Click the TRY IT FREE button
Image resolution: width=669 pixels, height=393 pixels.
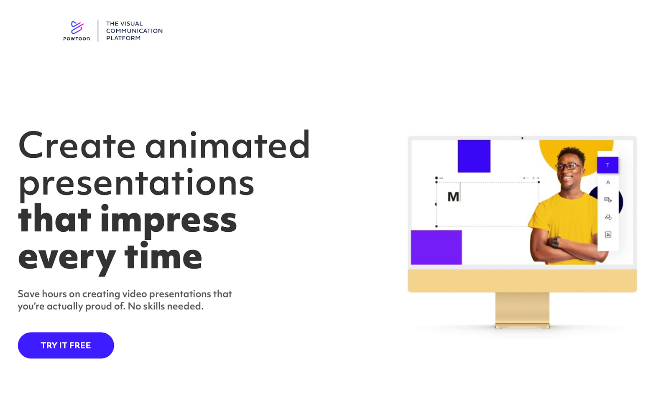(66, 345)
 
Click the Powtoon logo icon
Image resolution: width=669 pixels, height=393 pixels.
(77, 28)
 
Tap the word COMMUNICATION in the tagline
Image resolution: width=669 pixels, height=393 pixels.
(134, 31)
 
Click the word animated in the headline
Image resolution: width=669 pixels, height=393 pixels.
(227, 145)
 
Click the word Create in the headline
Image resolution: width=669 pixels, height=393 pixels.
(77, 145)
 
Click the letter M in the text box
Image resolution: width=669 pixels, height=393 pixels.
(453, 197)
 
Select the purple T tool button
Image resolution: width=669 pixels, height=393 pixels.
(608, 165)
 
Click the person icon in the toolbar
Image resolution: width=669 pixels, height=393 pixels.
(608, 183)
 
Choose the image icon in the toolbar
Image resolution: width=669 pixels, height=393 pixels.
(608, 235)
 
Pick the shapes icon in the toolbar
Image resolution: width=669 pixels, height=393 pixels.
(608, 217)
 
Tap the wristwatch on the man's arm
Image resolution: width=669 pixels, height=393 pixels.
(555, 242)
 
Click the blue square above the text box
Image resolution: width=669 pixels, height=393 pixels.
(474, 156)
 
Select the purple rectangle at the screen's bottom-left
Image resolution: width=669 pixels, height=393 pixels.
(436, 247)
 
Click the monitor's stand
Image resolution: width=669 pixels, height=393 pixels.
(522, 310)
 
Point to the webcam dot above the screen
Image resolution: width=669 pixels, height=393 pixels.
(522, 138)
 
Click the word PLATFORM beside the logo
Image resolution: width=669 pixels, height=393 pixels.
(123, 38)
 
